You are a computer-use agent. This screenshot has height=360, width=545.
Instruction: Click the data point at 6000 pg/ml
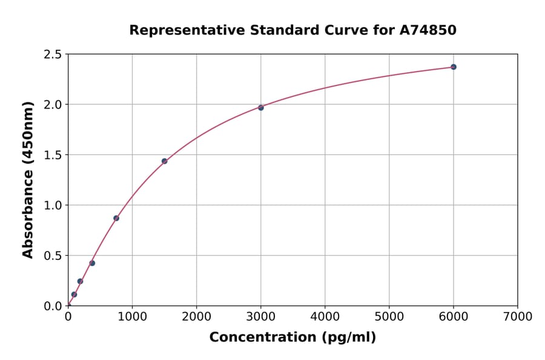pyautogui.click(x=454, y=67)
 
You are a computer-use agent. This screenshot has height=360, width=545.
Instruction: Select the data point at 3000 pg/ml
pyautogui.click(x=261, y=107)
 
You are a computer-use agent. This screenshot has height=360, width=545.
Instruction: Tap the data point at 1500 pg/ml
pyautogui.click(x=164, y=161)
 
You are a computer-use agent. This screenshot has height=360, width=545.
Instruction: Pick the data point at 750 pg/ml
pyautogui.click(x=116, y=218)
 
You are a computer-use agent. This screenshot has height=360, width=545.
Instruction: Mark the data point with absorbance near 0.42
pyautogui.click(x=92, y=263)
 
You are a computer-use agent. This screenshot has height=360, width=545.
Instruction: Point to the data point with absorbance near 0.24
pyautogui.click(x=80, y=281)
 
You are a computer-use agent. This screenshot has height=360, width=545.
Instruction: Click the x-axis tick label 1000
pyautogui.click(x=132, y=316)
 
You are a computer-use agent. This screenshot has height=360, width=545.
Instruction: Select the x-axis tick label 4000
pyautogui.click(x=325, y=316)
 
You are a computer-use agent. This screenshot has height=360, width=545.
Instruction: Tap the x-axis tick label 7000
pyautogui.click(x=517, y=316)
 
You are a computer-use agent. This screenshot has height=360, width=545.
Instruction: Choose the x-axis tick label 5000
pyautogui.click(x=389, y=316)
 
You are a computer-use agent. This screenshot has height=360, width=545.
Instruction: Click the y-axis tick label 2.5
pyautogui.click(x=53, y=55)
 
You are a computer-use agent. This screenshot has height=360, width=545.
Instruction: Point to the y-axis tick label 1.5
pyautogui.click(x=53, y=155)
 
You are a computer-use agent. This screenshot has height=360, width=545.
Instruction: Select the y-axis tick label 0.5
pyautogui.click(x=53, y=256)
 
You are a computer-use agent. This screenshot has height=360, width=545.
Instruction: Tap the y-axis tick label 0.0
pyautogui.click(x=53, y=306)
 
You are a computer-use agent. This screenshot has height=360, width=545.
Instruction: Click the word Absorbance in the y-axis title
pyautogui.click(x=28, y=213)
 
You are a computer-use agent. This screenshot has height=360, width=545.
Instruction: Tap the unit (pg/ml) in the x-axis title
pyautogui.click(x=349, y=338)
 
